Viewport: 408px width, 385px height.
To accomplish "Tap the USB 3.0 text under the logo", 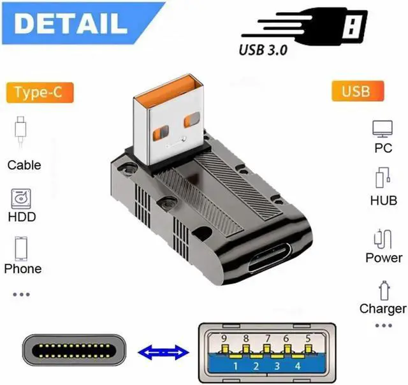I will click(263, 48).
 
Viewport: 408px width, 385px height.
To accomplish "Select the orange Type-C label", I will click(39, 92).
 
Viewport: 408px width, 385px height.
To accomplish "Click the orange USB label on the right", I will click(355, 91).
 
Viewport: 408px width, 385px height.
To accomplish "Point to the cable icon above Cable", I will click(21, 131).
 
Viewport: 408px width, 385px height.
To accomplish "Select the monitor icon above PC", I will click(382, 129).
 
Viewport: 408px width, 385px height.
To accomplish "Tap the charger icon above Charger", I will click(383, 290).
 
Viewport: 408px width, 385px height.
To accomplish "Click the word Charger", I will click(382, 309).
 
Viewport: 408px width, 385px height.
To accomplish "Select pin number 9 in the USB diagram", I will click(222, 338).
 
